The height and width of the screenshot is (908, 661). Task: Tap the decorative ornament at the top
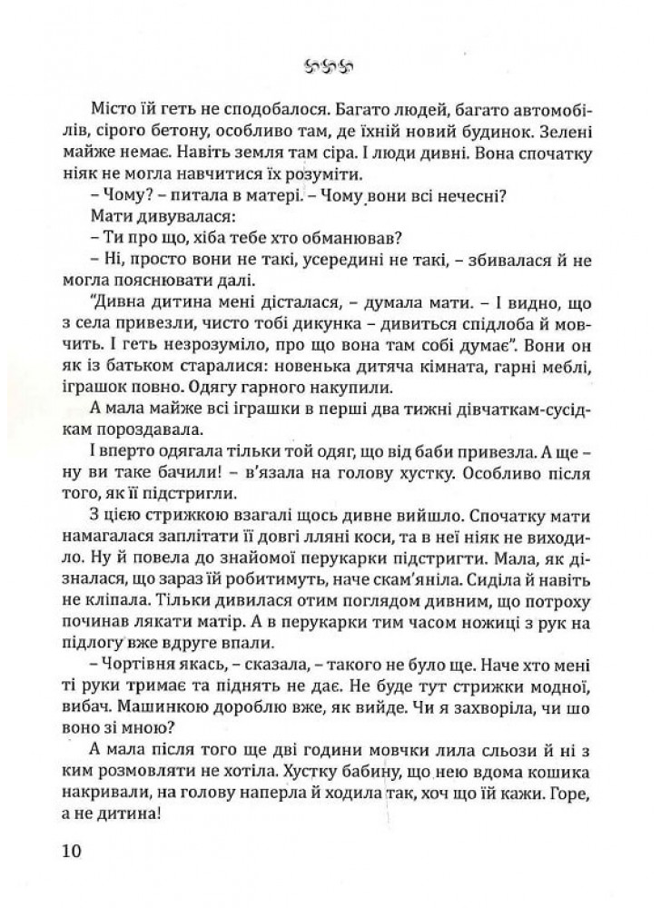tap(330, 65)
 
